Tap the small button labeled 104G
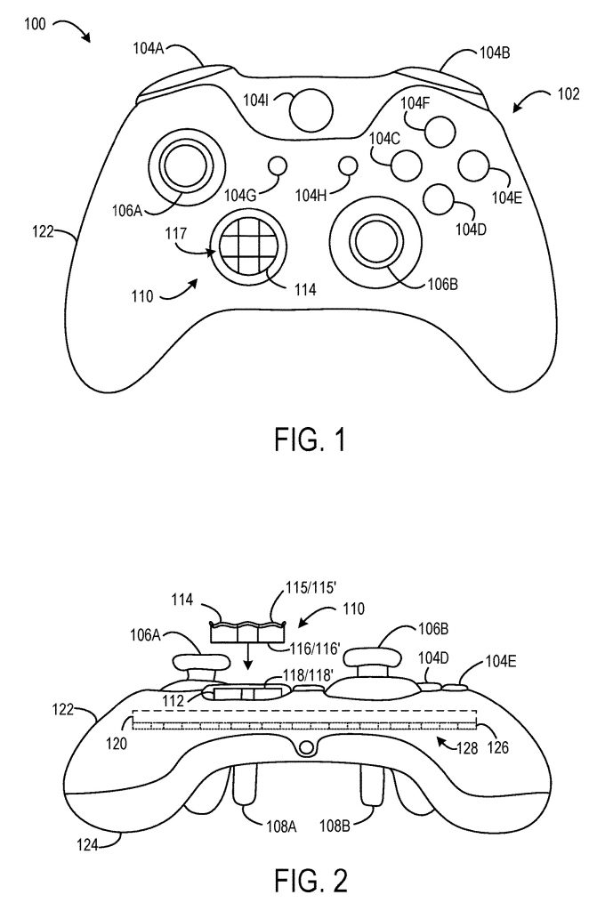click(278, 165)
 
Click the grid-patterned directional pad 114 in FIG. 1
click(245, 246)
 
